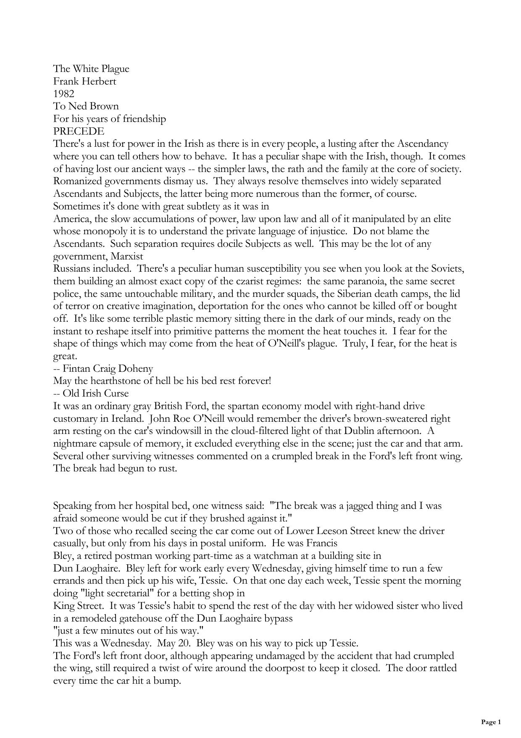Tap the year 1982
[x=63, y=94]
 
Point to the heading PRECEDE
[x=79, y=131]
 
